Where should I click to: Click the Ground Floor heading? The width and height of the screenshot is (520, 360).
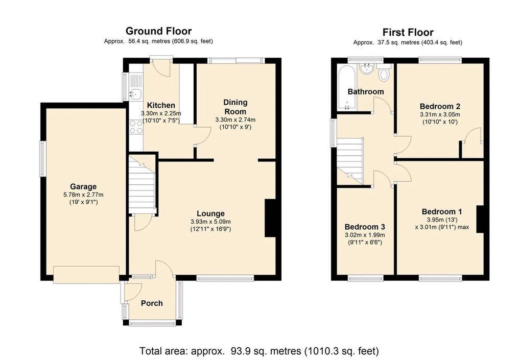coord(158,31)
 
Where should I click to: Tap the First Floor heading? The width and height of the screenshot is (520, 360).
coord(408,33)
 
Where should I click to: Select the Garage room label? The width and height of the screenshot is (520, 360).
coord(83,186)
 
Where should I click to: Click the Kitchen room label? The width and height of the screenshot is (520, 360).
coord(161,105)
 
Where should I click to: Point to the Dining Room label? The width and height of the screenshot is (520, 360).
coord(235,107)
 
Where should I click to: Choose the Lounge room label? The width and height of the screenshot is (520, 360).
coord(210,214)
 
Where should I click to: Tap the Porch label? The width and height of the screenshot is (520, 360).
coord(152,303)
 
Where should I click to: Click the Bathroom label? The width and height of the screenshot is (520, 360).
coord(366,91)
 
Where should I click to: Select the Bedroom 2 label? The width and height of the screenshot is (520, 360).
coord(440,106)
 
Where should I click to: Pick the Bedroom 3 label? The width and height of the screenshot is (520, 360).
coord(365,227)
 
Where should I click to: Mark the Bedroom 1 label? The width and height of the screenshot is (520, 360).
coord(442,211)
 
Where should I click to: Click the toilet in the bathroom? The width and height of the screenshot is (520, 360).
coord(384,73)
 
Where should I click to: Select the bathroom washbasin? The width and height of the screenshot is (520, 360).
coord(367,69)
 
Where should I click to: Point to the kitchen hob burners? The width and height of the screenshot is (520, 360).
coord(136,127)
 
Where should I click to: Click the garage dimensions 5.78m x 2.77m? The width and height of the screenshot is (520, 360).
coord(83,195)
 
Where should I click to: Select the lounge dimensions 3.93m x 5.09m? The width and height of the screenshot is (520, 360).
coord(210,222)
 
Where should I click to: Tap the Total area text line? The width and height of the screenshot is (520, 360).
coord(259,351)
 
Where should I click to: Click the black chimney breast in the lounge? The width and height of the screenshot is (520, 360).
coord(270,218)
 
